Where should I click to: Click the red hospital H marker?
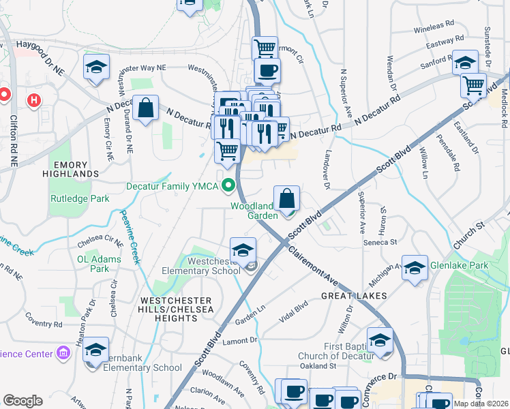[x=33, y=102]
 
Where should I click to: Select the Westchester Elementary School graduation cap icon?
[x=243, y=250]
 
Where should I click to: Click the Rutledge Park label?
[x=80, y=199]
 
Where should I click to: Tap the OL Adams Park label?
[x=99, y=264]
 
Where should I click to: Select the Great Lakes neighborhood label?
[x=354, y=296]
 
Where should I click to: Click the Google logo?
[x=22, y=400]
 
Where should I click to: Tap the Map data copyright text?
[x=481, y=404]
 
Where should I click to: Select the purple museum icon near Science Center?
[x=63, y=353]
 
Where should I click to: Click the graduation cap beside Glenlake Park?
[x=415, y=268]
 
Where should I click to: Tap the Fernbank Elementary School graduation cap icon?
[x=96, y=349]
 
